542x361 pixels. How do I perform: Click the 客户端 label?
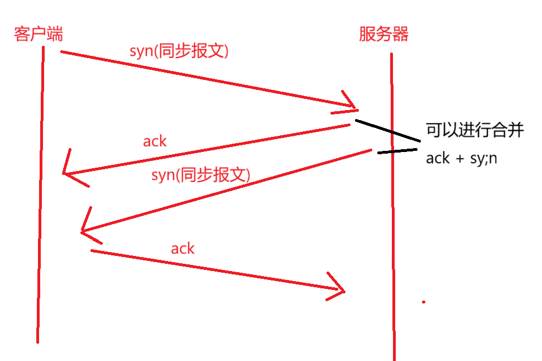(x=39, y=34)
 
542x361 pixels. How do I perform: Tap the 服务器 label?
(x=383, y=35)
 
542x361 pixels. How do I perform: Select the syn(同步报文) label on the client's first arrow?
(x=179, y=51)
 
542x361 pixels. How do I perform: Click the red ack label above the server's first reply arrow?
(x=155, y=141)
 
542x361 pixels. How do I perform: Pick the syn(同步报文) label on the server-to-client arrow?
(x=200, y=175)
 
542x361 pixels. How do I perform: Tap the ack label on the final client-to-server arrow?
(x=183, y=249)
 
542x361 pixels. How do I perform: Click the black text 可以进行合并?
(x=475, y=131)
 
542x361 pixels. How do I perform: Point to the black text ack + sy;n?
(x=462, y=158)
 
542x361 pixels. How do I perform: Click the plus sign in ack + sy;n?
(x=459, y=159)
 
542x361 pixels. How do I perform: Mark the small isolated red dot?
(x=424, y=302)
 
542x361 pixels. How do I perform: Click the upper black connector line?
(x=387, y=130)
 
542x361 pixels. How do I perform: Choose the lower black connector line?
(x=397, y=151)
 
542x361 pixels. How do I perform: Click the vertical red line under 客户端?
(x=40, y=196)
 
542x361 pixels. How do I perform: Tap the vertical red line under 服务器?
(x=392, y=224)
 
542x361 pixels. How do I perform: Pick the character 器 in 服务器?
(x=400, y=35)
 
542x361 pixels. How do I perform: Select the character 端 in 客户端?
(x=55, y=34)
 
